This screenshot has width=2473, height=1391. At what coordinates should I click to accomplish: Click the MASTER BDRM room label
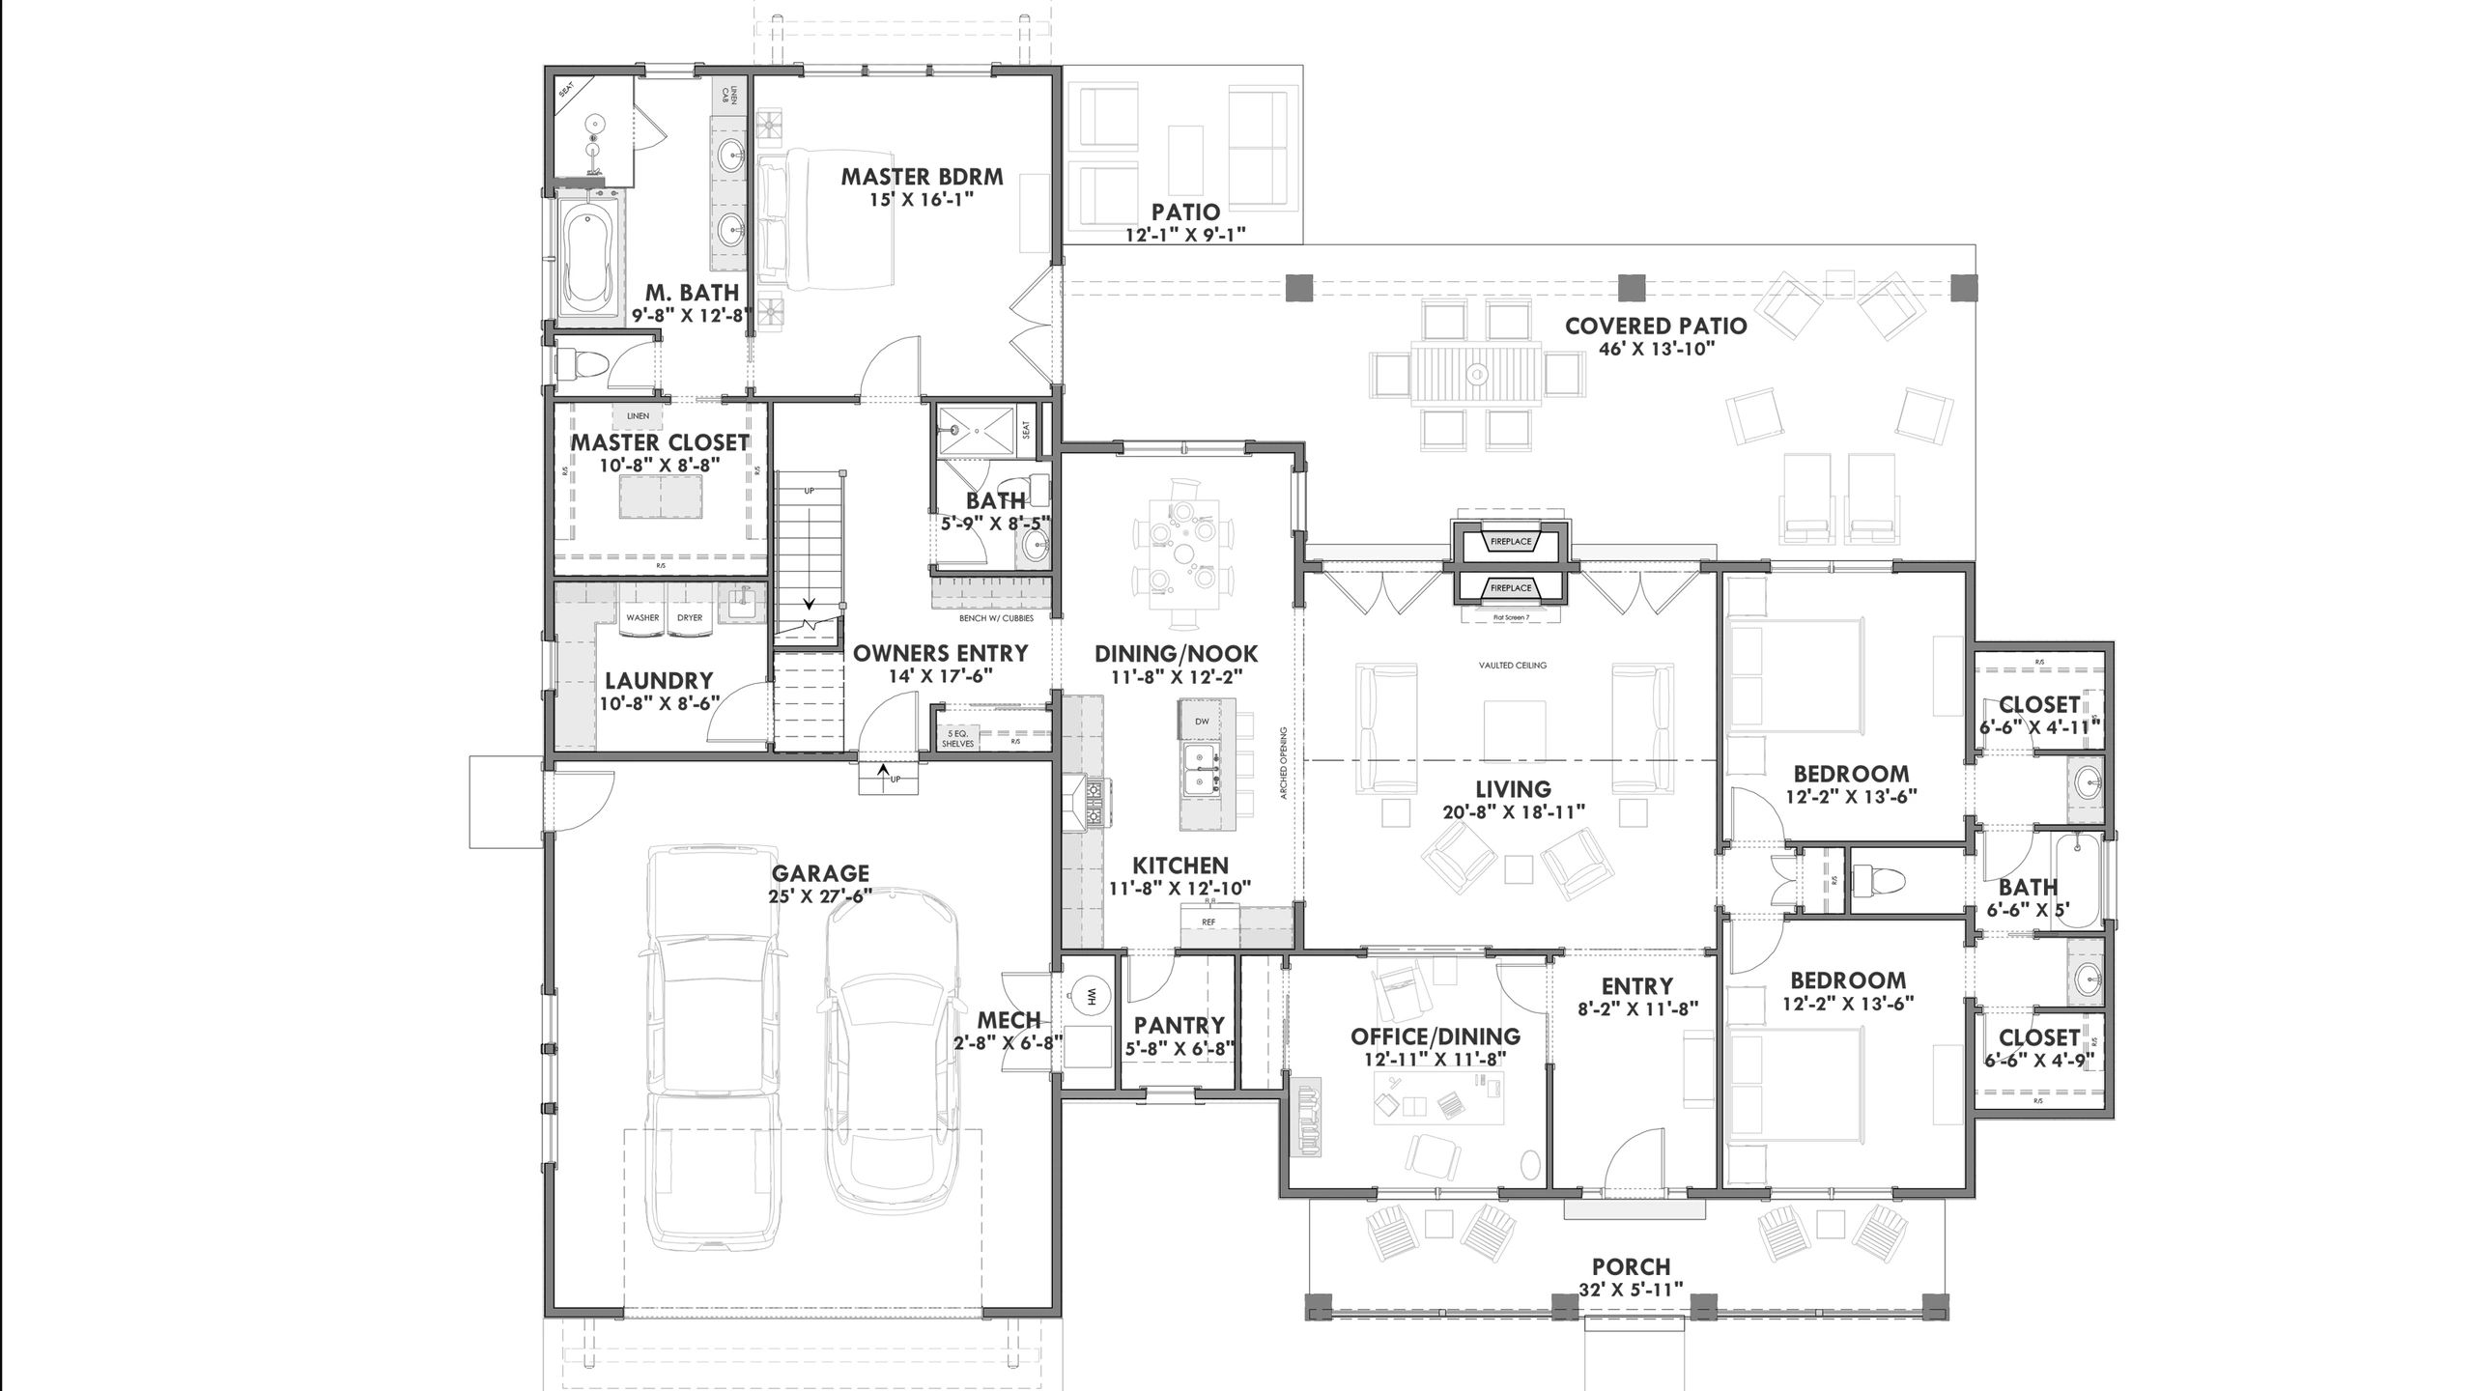pyautogui.click(x=922, y=178)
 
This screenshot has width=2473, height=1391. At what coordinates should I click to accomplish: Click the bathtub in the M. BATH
pyautogui.click(x=587, y=256)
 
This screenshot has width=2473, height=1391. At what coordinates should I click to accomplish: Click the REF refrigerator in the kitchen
pyautogui.click(x=1208, y=923)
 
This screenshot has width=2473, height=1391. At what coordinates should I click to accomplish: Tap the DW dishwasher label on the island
pyautogui.click(x=1202, y=722)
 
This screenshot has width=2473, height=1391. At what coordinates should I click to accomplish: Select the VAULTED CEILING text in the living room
pyautogui.click(x=1512, y=666)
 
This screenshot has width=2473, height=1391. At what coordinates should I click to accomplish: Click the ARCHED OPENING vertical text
pyautogui.click(x=1284, y=763)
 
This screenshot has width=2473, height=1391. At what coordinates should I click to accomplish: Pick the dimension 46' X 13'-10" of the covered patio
pyautogui.click(x=1656, y=349)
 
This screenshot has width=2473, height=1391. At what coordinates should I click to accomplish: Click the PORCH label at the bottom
pyautogui.click(x=1631, y=1266)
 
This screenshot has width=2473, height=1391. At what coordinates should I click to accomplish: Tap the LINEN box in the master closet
pyautogui.click(x=638, y=416)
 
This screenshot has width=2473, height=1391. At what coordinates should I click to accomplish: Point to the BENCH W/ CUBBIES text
pyautogui.click(x=995, y=618)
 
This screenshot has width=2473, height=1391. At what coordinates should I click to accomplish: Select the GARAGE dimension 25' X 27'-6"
pyautogui.click(x=820, y=895)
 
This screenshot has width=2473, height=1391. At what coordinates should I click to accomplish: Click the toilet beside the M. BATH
pyautogui.click(x=582, y=364)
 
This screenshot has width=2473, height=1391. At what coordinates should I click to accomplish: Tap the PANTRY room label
pyautogui.click(x=1179, y=1025)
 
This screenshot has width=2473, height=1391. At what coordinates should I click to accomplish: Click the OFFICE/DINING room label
pyautogui.click(x=1435, y=1037)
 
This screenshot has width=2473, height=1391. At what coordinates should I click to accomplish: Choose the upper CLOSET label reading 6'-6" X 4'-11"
pyautogui.click(x=2039, y=726)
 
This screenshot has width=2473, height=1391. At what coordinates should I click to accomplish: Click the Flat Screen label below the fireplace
pyautogui.click(x=1511, y=616)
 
